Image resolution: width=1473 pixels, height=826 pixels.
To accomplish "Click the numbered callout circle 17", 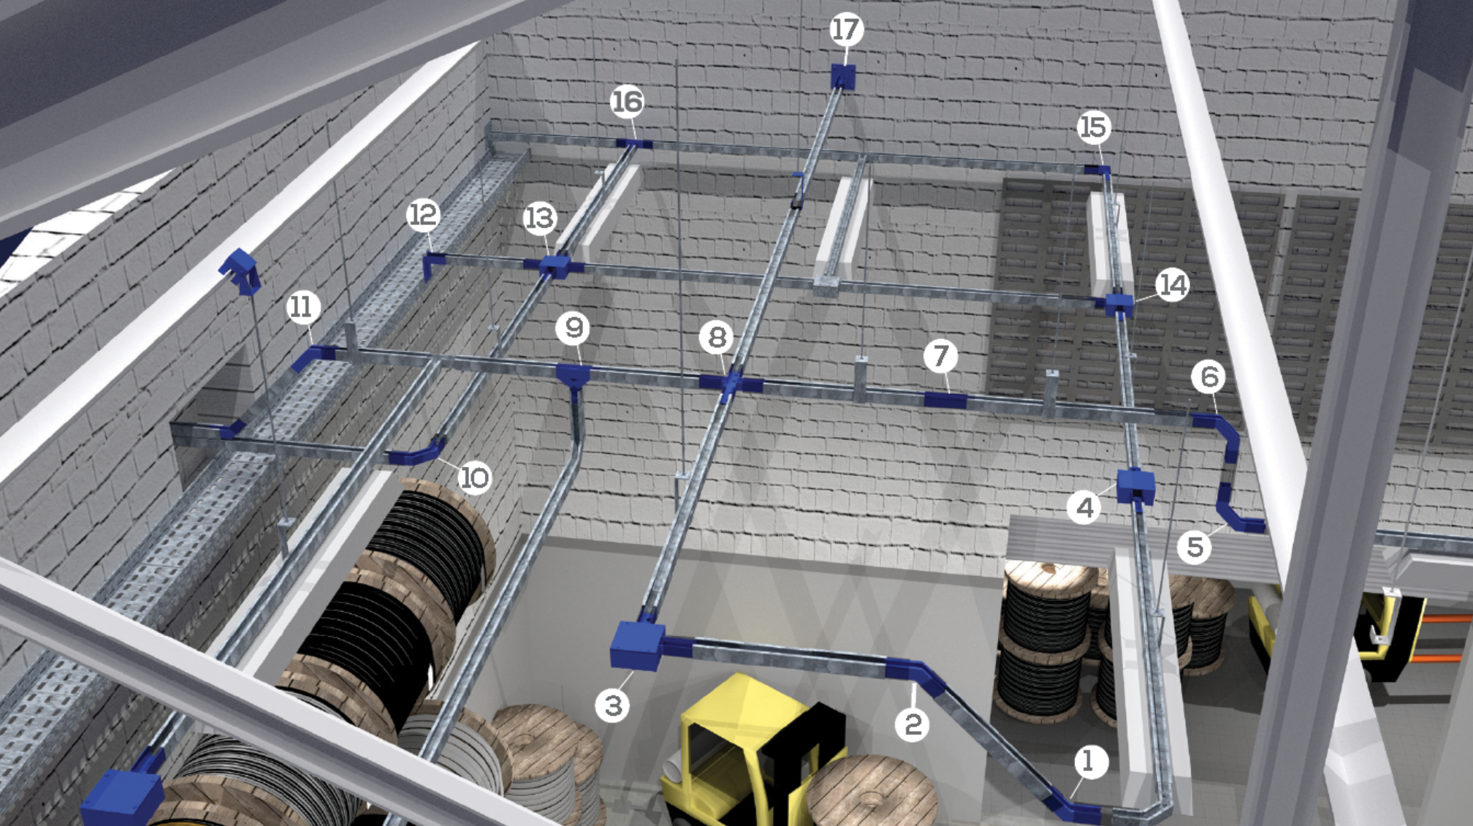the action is pos(846,29).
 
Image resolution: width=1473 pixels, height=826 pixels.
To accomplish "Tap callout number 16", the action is pos(627,102).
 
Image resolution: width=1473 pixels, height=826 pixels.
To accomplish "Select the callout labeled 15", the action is pos(1094,127).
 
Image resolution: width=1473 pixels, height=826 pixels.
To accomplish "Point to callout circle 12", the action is pos(423,215).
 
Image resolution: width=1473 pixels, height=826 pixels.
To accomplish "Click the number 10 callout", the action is pos(474,477).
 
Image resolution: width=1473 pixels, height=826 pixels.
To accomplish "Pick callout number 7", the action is pos(940,356).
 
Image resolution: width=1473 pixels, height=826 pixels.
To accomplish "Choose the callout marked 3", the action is pos(612,705).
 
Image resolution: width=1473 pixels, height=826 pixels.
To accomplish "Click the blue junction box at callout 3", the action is pos(637,645).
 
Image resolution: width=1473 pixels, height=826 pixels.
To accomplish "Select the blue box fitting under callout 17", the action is pos(843,77).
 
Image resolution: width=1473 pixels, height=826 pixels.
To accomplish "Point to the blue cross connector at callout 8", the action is pos(731,383).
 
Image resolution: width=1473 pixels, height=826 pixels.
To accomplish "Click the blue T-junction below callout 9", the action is pos(573,377).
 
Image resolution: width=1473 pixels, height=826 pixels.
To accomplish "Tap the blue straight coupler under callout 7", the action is pos(945,400).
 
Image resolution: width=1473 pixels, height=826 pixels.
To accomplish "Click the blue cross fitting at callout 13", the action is pos(555,266).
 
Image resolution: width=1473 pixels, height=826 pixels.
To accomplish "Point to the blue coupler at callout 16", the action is pos(633,143).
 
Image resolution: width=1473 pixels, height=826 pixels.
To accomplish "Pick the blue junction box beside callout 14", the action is pos(1119,304).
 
